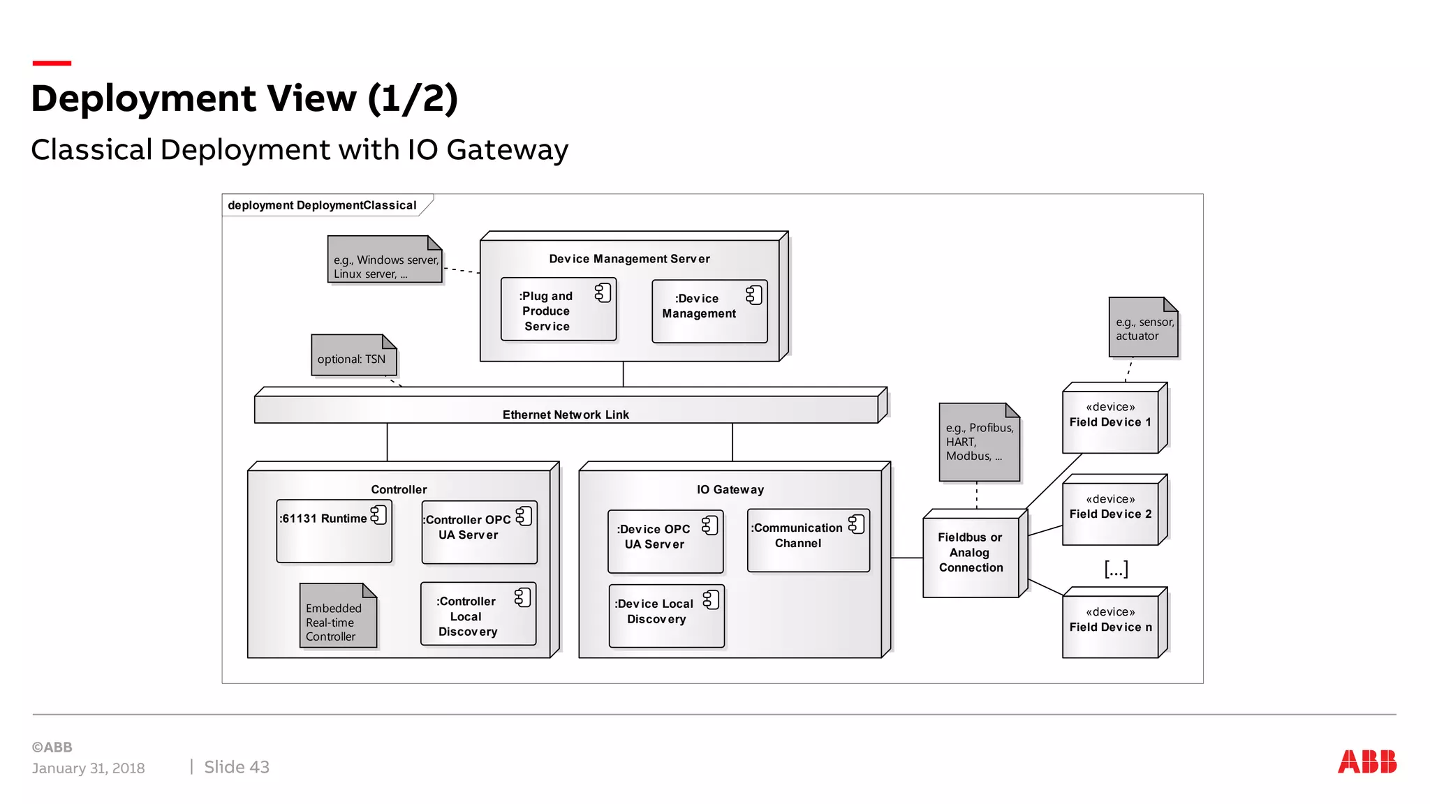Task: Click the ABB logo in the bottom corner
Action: [1366, 761]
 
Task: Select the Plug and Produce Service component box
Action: [558, 311]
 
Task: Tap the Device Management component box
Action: [709, 311]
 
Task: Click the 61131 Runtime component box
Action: [334, 532]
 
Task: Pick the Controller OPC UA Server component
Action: [479, 533]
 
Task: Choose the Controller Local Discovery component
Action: [478, 614]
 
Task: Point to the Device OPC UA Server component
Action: [665, 542]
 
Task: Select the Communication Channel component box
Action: [808, 541]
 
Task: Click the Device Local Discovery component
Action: [666, 616]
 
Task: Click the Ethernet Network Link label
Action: [566, 415]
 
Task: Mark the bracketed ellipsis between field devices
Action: [1116, 569]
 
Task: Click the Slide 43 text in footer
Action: [237, 767]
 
